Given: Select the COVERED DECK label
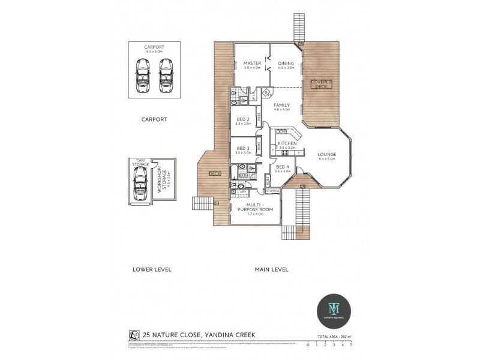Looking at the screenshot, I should click(321, 84).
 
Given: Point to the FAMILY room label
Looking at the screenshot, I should click(281, 105).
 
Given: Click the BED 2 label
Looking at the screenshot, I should click(243, 119).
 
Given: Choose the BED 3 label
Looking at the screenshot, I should click(243, 148).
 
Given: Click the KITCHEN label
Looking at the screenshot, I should click(287, 143).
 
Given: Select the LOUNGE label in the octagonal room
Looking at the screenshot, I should click(327, 154).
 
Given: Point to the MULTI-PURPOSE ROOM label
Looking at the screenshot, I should click(256, 208).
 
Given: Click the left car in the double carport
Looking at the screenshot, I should click(143, 75).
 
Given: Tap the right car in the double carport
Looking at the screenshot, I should click(166, 75).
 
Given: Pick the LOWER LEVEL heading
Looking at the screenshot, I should click(152, 269).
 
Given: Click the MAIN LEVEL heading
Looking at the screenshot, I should click(271, 269).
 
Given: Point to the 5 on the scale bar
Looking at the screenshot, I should click(351, 345).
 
